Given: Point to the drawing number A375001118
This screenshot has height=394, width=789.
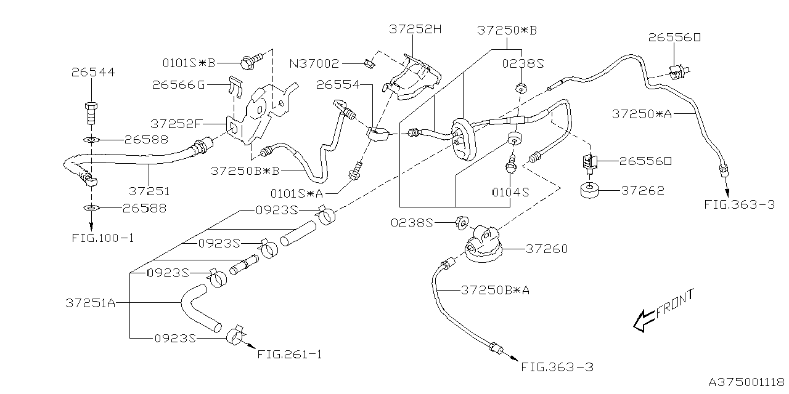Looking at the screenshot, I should click(x=746, y=382).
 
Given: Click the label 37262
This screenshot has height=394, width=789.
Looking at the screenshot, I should click(x=642, y=191).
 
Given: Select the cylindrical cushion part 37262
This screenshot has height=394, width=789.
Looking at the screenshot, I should click(x=591, y=191).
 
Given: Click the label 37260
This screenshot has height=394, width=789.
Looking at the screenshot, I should click(x=547, y=249).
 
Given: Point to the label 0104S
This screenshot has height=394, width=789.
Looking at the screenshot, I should click(x=510, y=192).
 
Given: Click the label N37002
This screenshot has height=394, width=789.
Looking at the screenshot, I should click(x=315, y=63).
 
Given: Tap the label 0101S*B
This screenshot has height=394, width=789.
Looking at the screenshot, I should click(x=189, y=63).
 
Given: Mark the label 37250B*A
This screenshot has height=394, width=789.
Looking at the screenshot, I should click(x=495, y=289).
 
